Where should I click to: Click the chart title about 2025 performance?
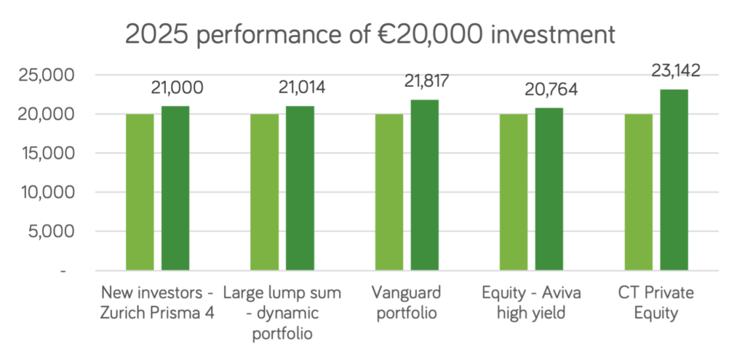pos(370,34)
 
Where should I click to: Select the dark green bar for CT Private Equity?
pos(674,180)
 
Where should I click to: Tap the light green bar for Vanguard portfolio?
pos(389,192)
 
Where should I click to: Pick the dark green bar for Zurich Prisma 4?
pos(175,188)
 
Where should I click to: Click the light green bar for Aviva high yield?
pos(514,192)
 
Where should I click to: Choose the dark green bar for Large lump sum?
pos(300,188)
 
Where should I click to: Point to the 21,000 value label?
pos(177,88)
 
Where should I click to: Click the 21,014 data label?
pos(302,88)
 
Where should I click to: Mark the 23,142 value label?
pos(675,71)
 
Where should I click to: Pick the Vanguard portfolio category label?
pos(406,303)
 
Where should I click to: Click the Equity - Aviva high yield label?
pos(531,303)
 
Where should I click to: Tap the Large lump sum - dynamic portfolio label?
pos(282,313)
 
